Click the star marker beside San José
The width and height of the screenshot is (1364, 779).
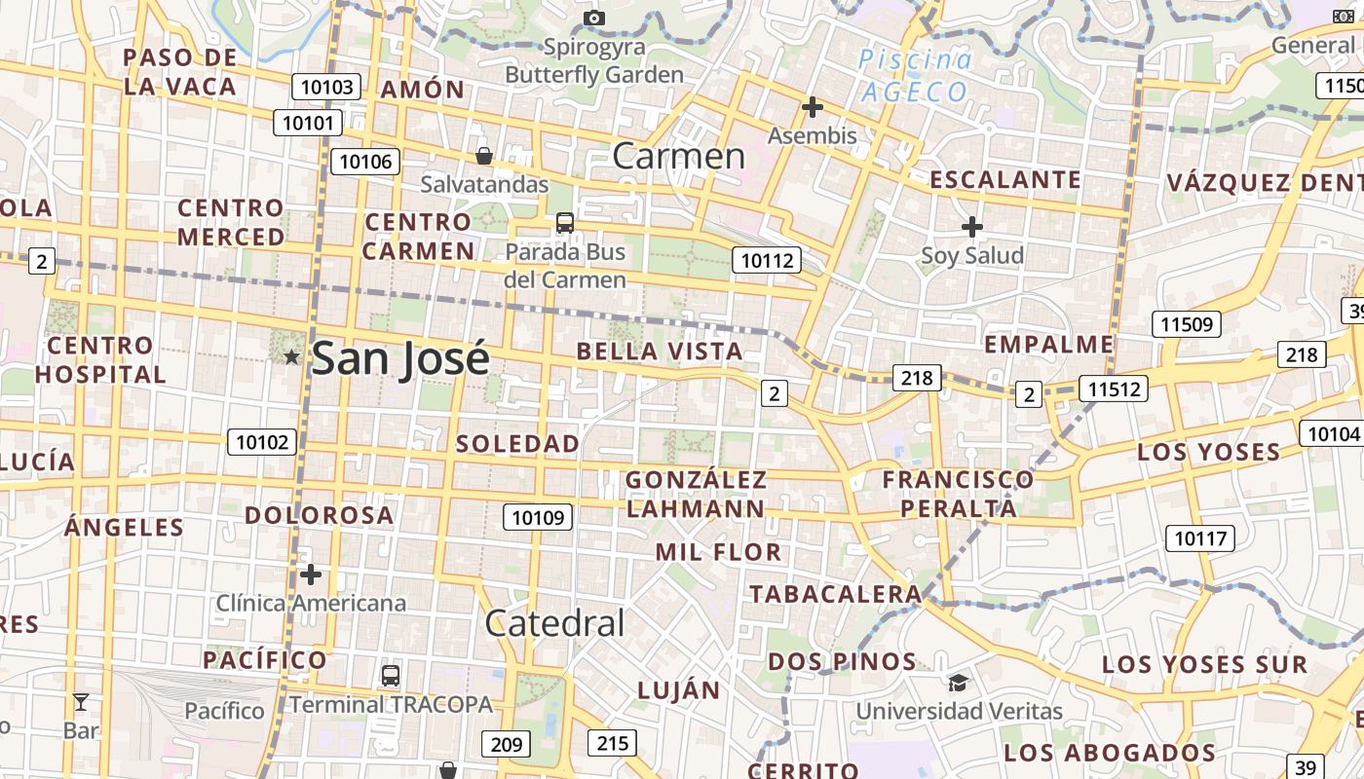pyautogui.click(x=291, y=357)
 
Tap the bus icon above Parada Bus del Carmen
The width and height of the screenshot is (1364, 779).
pyautogui.click(x=565, y=223)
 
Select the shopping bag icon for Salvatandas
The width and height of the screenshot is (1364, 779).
pyautogui.click(x=483, y=156)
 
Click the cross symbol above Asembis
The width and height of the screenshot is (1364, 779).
pyautogui.click(x=812, y=107)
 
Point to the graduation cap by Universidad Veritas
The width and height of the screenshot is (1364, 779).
pyautogui.click(x=958, y=683)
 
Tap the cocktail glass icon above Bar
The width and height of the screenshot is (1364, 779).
pyautogui.click(x=81, y=701)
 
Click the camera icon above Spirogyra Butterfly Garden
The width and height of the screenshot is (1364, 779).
pyautogui.click(x=593, y=18)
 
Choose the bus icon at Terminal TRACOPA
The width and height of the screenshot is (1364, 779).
pyautogui.click(x=390, y=675)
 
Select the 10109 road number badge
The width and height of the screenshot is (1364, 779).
pyautogui.click(x=538, y=517)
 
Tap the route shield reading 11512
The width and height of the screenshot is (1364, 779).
pyautogui.click(x=1114, y=389)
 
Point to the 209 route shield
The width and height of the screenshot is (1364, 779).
pyautogui.click(x=506, y=745)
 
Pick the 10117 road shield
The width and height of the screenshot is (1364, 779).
pyautogui.click(x=1201, y=538)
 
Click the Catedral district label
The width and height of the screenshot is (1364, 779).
pyautogui.click(x=554, y=623)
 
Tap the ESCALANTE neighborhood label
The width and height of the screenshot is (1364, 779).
pyautogui.click(x=1005, y=180)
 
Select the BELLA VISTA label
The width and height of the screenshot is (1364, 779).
pyautogui.click(x=660, y=352)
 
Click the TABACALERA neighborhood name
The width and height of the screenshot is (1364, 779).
pyautogui.click(x=835, y=594)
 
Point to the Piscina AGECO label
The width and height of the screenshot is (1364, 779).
pyautogui.click(x=916, y=76)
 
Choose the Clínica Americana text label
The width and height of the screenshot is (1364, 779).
pyautogui.click(x=311, y=603)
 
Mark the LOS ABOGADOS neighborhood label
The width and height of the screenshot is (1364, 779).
pyautogui.click(x=1110, y=753)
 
